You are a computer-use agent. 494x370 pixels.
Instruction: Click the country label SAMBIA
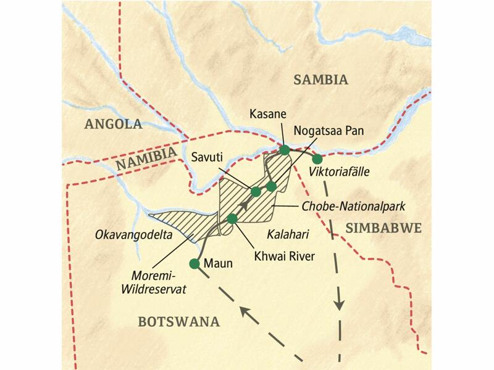point(321,80)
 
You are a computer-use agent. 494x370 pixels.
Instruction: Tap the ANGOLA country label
point(113,124)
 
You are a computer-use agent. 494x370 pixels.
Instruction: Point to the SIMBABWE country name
point(383,228)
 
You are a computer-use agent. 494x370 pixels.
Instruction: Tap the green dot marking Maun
point(195,264)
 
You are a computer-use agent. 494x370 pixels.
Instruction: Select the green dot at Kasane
point(285,149)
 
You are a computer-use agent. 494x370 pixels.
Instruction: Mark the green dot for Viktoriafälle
point(317,159)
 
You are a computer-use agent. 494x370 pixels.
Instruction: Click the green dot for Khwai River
point(232,218)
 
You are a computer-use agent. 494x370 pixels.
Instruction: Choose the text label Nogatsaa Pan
point(325,131)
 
